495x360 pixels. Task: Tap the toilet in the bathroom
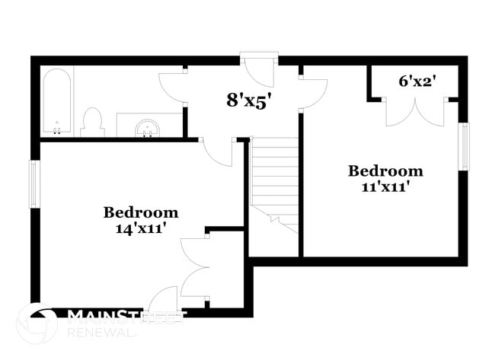93,123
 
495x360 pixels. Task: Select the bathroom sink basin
147,128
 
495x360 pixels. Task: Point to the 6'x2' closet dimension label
416,79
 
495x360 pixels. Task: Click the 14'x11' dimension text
141,227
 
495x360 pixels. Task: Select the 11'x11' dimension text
385,185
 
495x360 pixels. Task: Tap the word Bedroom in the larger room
141,212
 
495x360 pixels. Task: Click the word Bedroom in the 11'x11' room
385,170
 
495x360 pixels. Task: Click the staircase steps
274,179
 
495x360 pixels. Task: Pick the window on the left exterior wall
33,183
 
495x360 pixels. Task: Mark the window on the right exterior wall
464,146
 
